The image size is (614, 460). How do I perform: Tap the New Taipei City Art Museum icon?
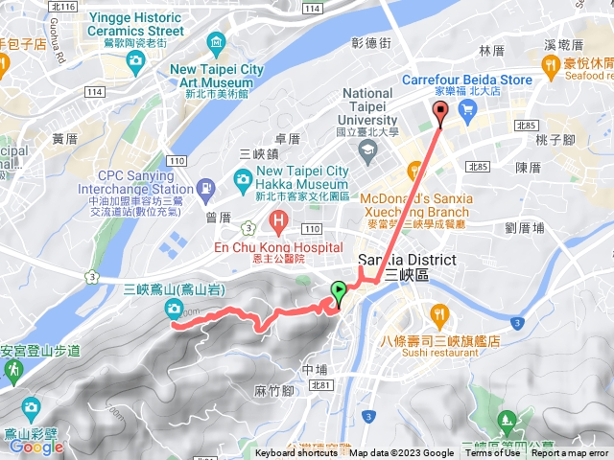point(215,42)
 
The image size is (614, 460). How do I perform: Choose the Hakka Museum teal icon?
point(243,178)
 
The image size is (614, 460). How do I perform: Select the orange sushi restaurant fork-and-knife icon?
point(439,314)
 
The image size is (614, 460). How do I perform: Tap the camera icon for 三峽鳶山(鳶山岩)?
point(174,307)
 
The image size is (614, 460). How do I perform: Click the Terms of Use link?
point(493,453)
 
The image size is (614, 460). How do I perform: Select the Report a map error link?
point(570,453)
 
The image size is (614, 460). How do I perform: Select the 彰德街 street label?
point(371,44)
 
